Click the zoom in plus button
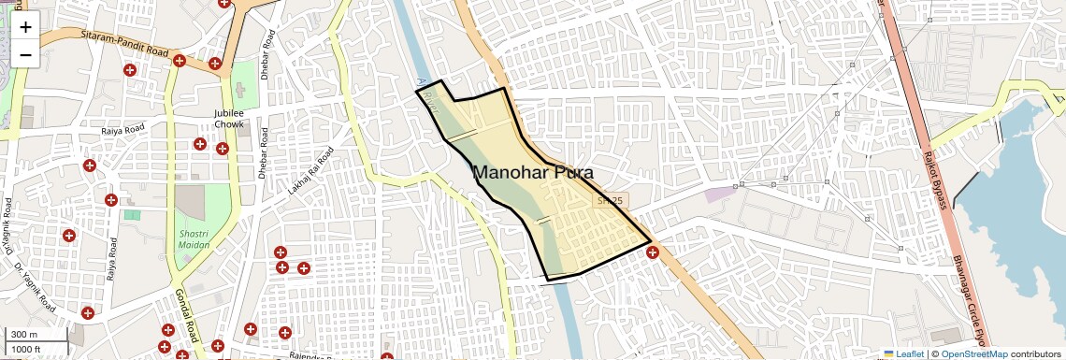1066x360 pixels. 25,26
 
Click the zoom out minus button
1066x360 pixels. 25,54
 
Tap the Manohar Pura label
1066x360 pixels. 532,172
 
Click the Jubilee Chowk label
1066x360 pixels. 229,118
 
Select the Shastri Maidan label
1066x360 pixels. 194,238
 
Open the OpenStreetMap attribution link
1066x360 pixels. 973,354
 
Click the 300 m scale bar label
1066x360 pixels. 24,335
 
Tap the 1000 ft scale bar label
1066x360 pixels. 26,349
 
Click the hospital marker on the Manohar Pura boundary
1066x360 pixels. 652,251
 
